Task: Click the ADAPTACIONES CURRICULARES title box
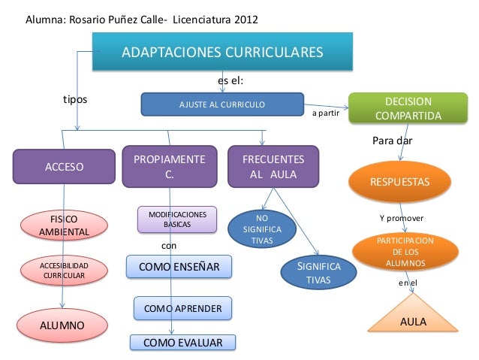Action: (x=222, y=52)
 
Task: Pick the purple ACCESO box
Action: (x=65, y=166)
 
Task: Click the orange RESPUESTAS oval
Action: (x=400, y=183)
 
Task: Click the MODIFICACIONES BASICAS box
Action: (x=176, y=219)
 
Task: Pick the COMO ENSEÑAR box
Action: (x=179, y=268)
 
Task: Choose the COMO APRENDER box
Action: (x=182, y=308)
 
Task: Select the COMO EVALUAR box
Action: (x=182, y=343)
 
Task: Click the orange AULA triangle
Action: (x=413, y=316)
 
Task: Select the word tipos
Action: (x=74, y=98)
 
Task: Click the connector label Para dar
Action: (x=393, y=141)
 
